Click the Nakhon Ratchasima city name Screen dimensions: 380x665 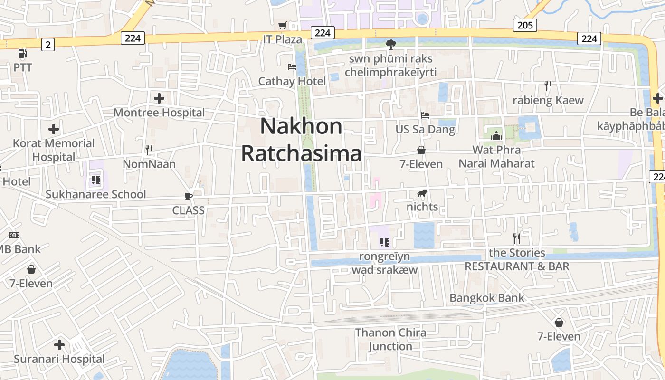click(x=301, y=140)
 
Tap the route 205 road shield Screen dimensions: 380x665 click(x=524, y=25)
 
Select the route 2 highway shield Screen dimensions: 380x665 click(x=47, y=45)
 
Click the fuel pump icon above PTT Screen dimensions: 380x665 click(x=22, y=54)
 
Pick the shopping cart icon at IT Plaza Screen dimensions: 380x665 click(x=283, y=25)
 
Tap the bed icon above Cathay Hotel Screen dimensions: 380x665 click(x=292, y=67)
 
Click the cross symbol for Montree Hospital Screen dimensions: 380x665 click(x=159, y=98)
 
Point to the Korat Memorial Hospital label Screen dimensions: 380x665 click(x=54, y=150)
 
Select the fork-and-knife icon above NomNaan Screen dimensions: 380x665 click(x=149, y=150)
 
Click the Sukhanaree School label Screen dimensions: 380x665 click(x=95, y=194)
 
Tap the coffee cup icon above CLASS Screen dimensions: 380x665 click(x=189, y=197)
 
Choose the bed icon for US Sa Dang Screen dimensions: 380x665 click(x=425, y=115)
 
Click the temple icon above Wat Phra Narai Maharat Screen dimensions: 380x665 click(x=496, y=136)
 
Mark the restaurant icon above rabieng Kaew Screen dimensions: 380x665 click(x=548, y=86)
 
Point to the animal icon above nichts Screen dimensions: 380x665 click(x=422, y=193)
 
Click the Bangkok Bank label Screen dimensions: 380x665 click(x=487, y=298)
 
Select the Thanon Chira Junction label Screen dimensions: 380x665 click(x=390, y=339)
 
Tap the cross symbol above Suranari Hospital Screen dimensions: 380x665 click(x=59, y=345)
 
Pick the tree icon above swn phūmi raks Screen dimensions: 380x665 click(x=390, y=45)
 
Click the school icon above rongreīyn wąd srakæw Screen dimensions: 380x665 click(x=385, y=242)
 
